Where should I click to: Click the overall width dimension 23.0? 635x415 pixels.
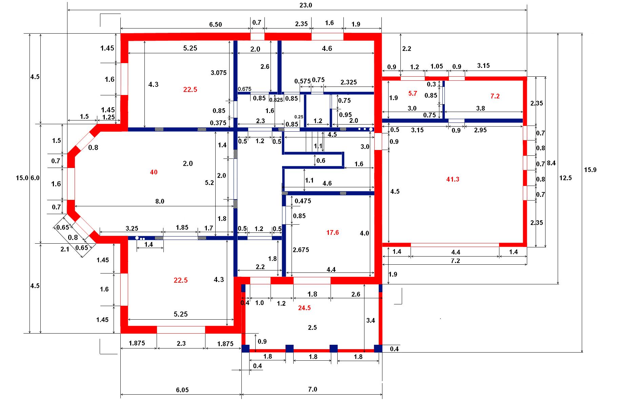(x=305, y=5)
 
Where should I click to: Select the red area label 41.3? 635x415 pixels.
(x=453, y=179)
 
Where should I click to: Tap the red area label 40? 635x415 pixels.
(x=154, y=172)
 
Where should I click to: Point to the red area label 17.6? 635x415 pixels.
(x=332, y=232)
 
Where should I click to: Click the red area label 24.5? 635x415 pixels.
(x=304, y=308)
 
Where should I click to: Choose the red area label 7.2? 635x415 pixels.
(x=495, y=96)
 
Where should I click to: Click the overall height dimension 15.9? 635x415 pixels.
(x=590, y=170)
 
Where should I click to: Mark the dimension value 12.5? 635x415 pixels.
(x=565, y=178)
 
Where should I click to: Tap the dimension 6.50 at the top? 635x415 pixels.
(x=215, y=24)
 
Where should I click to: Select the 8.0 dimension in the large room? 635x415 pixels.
(x=160, y=201)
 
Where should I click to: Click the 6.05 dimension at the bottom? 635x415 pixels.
(x=182, y=390)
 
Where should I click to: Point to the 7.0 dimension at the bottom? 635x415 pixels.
(x=312, y=389)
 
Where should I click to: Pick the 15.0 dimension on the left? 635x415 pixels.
(x=22, y=178)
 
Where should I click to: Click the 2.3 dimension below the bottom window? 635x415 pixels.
(x=181, y=343)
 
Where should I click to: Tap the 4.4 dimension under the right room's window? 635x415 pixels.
(x=456, y=252)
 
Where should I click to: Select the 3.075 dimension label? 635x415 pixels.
(x=219, y=73)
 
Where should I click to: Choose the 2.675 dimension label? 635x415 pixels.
(x=301, y=250)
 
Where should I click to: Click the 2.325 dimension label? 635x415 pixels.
(x=349, y=82)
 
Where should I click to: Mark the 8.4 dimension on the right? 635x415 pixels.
(x=551, y=163)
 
